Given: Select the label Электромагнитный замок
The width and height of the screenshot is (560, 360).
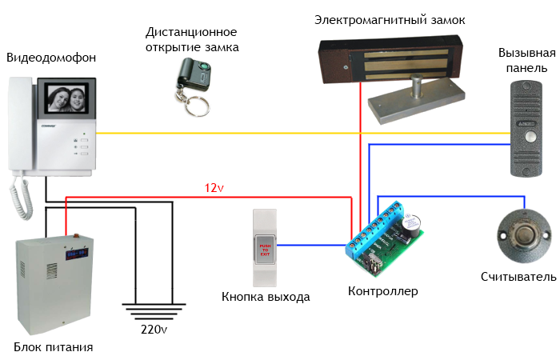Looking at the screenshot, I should pos(390,19).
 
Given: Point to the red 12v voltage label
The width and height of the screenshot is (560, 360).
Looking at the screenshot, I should pos(213,188).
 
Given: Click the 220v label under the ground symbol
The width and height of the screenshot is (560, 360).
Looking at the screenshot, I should pos(152,328).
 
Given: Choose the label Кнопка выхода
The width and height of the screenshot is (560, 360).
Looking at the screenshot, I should pos(265,297).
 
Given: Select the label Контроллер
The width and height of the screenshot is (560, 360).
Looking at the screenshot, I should pos(382,291).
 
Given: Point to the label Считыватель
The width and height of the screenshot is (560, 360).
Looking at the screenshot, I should pos(518,277).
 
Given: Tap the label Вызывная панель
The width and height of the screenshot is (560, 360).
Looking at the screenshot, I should pos(526,60).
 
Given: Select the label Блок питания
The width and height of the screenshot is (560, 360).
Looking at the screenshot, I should pos(54,347).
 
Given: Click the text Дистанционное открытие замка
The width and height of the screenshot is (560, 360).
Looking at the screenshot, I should pos(192,40).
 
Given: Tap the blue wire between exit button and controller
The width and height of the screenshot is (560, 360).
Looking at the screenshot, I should pos(312,245).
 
